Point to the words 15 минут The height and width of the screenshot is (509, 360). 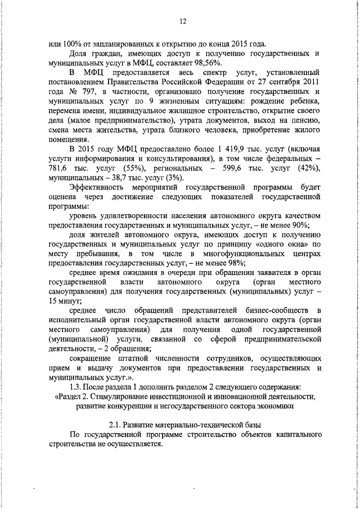pyautogui.click(x=66, y=301)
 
